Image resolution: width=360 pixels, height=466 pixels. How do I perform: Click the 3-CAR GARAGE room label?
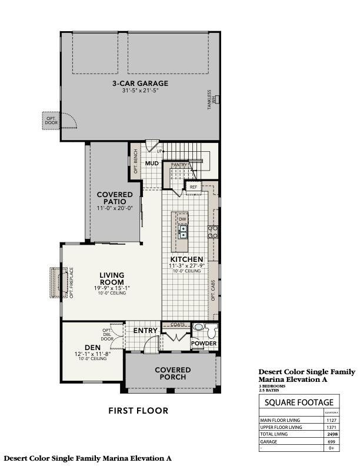pos(140,84)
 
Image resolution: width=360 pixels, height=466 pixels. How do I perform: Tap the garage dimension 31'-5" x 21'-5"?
pos(140,91)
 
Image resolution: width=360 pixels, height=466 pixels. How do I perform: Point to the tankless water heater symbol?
pos(216,99)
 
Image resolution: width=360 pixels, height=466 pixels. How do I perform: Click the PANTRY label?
pos(179,165)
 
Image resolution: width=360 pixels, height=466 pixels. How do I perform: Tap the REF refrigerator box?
pos(194,187)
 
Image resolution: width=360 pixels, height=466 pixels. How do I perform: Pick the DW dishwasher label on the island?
pos(182,219)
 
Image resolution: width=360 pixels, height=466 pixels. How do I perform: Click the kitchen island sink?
pos(183,231)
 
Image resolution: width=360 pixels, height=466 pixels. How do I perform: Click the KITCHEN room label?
pos(186,259)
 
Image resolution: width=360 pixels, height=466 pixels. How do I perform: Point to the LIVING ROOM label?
pos(111,277)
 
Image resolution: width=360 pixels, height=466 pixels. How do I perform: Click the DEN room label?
pos(91,348)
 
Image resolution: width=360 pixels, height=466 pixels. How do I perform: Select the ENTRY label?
pos(145,331)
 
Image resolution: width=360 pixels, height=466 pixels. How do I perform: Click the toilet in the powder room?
pos(198,327)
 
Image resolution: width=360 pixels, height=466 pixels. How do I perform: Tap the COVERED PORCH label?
pos(172,373)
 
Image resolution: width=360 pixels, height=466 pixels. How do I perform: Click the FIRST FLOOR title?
pos(139,411)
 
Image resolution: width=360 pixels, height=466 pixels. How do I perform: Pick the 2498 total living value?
pos(332,433)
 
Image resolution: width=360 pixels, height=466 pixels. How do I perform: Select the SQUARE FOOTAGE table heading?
pos(299,402)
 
